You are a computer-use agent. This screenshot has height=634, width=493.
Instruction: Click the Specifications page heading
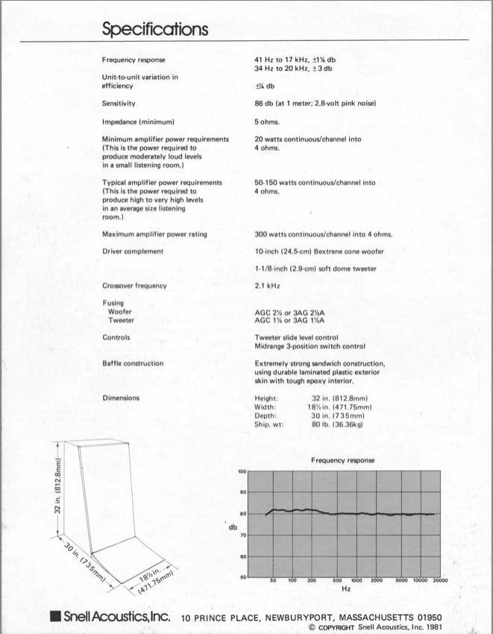155,29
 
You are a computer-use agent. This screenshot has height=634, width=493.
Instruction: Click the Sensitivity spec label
119,104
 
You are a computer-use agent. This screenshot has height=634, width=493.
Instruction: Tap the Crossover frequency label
134,286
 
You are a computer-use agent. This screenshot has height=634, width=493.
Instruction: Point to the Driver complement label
132,251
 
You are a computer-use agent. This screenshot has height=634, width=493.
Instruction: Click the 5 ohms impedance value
266,122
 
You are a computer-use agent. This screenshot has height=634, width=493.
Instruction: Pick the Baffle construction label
132,363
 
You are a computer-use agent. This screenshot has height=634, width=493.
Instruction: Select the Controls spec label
116,337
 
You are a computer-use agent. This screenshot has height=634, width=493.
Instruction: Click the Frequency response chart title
342,460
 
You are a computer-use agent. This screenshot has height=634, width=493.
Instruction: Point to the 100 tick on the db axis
242,471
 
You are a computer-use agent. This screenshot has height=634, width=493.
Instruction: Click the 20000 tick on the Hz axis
441,580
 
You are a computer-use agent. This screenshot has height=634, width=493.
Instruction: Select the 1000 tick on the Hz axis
357,580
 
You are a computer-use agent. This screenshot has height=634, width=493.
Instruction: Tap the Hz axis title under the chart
345,589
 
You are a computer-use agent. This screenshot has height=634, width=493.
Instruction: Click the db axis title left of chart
233,528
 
